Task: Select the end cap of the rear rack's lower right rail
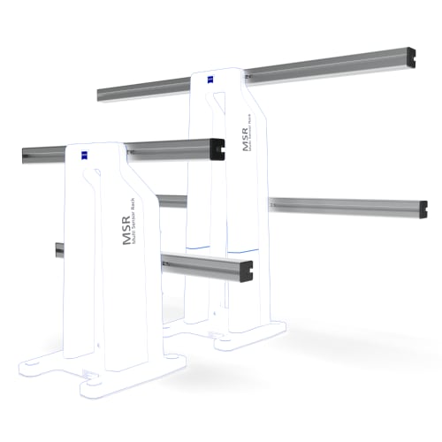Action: point(424,210)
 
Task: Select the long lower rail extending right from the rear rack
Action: point(345,206)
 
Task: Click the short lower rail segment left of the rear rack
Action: point(171,202)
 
